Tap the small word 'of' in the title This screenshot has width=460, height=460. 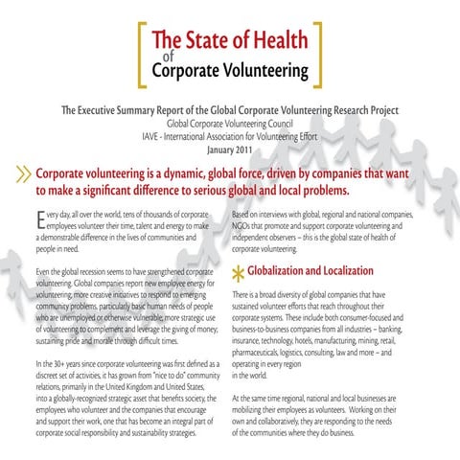tap(160, 55)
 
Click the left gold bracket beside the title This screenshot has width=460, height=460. tap(144, 54)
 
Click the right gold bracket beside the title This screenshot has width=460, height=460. tap(317, 54)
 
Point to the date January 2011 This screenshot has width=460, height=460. tap(229, 149)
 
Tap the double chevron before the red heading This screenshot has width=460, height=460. tap(20, 179)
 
